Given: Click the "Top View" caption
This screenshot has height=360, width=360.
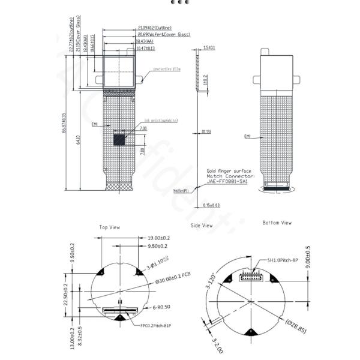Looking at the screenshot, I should pos(110,227).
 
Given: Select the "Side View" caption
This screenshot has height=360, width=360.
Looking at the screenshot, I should pos(202,226).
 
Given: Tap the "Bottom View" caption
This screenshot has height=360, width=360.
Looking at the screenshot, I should pos(277,223).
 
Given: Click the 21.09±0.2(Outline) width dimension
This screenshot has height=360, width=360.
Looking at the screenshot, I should pos(155,28).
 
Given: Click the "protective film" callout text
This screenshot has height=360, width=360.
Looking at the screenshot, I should pos(167,70).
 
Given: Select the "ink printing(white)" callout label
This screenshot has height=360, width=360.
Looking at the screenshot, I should pos(161,121).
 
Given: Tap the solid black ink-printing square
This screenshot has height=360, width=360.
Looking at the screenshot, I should pos(120,139).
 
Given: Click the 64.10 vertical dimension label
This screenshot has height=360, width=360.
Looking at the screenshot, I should pos(78,140).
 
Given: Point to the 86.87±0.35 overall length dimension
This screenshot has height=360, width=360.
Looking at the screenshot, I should pos(64,123).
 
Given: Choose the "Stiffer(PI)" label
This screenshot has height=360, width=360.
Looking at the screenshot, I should pos(182,191).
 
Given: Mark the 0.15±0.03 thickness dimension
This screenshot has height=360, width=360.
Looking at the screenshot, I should pos(211,205).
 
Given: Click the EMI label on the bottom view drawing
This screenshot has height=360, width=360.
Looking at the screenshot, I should pos(247,136).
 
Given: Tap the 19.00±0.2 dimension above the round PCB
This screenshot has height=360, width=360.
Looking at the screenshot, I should pos(158,238).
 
